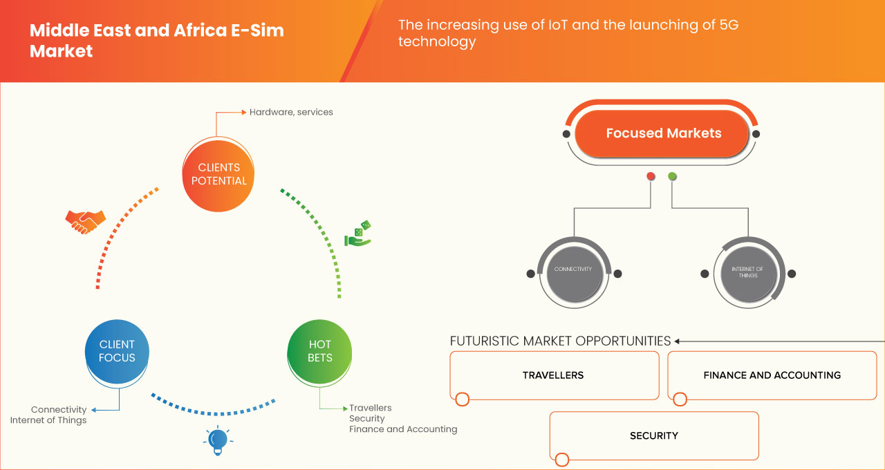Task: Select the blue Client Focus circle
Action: point(117,351)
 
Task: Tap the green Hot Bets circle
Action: point(319,351)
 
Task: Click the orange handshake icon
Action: point(85,221)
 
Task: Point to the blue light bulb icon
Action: point(218,440)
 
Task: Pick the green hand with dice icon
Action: point(358,234)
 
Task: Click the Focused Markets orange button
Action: point(663,133)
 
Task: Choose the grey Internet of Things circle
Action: point(747,272)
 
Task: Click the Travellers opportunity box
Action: point(554,375)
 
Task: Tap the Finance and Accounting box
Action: point(772,375)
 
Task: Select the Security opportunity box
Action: point(653,435)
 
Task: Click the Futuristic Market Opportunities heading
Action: point(560,341)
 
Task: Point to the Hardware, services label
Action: point(291,112)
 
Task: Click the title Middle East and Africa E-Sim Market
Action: point(156,41)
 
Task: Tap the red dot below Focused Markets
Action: point(651,176)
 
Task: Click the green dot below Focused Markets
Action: point(673,176)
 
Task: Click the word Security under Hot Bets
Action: point(367,419)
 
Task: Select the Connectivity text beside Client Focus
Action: point(59,410)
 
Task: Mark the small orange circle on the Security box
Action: point(561,459)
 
